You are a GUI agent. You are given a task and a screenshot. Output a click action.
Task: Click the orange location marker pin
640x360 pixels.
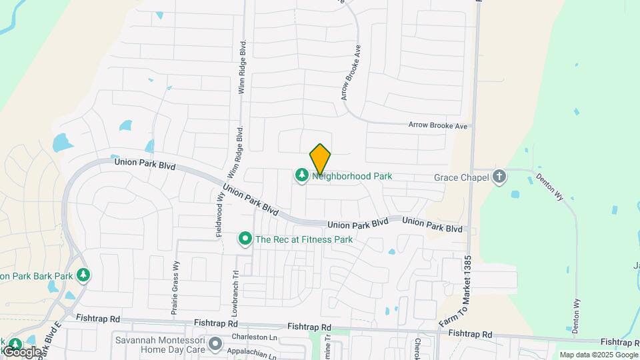(x=321, y=159)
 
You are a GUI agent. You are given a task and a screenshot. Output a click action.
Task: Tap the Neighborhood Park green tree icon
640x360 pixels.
(x=302, y=175)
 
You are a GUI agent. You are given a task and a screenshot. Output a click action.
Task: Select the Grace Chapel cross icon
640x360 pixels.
(x=499, y=177)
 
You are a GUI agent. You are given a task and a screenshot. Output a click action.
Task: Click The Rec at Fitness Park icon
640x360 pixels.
(x=245, y=238)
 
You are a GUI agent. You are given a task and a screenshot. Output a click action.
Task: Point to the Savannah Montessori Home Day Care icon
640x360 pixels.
(x=215, y=344)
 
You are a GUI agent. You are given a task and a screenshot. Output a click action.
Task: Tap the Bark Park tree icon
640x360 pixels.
(x=83, y=275)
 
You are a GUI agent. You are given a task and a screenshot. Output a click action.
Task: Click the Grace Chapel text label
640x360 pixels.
(x=461, y=177)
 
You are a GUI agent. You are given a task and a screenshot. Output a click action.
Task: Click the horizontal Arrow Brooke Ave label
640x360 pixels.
(x=439, y=125)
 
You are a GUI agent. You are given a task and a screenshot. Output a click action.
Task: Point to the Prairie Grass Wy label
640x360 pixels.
(x=176, y=286)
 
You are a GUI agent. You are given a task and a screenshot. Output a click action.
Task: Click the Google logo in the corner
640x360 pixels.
(x=22, y=351)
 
